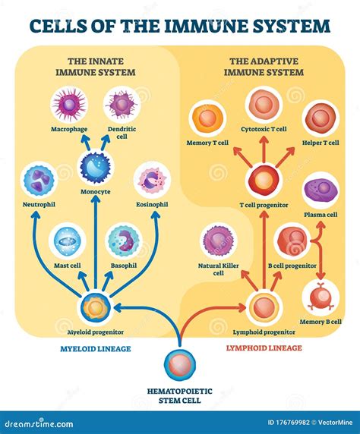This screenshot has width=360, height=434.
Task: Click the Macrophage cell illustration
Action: (x=69, y=105)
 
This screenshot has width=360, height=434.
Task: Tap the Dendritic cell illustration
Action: (x=122, y=105)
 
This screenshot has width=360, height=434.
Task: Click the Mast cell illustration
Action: (x=66, y=241)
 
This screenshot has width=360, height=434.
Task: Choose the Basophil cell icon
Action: (x=123, y=241)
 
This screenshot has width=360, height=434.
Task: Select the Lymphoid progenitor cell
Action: (x=263, y=308)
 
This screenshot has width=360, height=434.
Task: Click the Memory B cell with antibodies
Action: (x=318, y=297)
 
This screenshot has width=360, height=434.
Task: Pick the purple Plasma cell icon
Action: (x=321, y=190)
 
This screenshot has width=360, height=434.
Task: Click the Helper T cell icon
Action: (x=321, y=119)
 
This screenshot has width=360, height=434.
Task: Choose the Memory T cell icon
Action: (x=207, y=119)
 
